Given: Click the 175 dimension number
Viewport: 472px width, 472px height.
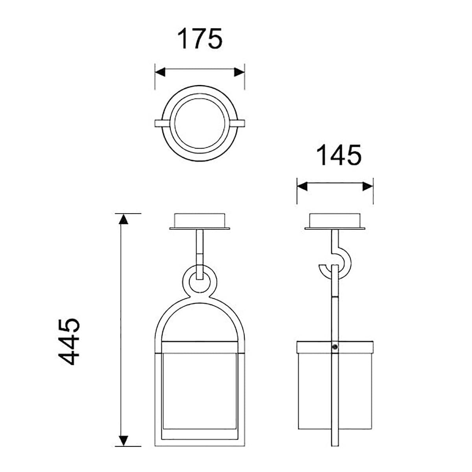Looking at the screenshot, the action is point(200,39).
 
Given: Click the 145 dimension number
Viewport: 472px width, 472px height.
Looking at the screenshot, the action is point(339,155).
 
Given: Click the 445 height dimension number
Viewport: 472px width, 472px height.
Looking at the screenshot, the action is point(69,342).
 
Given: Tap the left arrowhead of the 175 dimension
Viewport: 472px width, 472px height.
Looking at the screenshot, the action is point(160,72).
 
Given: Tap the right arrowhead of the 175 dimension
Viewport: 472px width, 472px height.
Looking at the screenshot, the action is point(239,72).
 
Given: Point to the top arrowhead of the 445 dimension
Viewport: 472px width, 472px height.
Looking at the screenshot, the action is point(124,219).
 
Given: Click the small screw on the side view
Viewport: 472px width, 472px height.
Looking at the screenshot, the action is point(335,347).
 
